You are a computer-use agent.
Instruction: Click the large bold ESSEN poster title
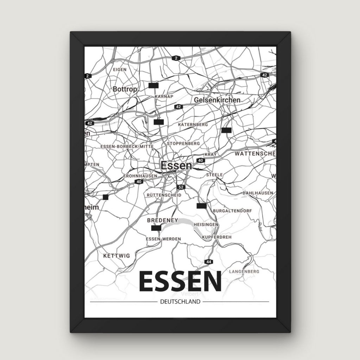pyautogui.click(x=180, y=281)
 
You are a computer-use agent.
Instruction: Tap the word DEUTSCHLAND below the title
pyautogui.click(x=180, y=302)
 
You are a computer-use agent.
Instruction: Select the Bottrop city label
pyautogui.click(x=125, y=89)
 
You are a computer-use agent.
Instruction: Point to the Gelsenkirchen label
pyautogui.click(x=217, y=100)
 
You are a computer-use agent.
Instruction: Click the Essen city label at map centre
pyautogui.click(x=176, y=166)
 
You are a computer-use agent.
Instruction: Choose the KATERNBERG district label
pyautogui.click(x=193, y=124)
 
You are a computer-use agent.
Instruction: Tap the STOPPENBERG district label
pyautogui.click(x=183, y=143)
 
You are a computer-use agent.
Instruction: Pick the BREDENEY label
pyautogui.click(x=161, y=220)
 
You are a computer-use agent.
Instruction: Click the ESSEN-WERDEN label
pyautogui.click(x=163, y=239)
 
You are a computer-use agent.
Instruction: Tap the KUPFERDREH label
pyautogui.click(x=217, y=238)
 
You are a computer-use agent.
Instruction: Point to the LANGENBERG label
pyautogui.click(x=244, y=271)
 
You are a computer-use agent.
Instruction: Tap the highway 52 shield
pyautogui.click(x=181, y=187)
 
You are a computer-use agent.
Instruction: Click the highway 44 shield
pyautogui.click(x=209, y=262)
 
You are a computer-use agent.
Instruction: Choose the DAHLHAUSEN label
pyautogui.click(x=258, y=193)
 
